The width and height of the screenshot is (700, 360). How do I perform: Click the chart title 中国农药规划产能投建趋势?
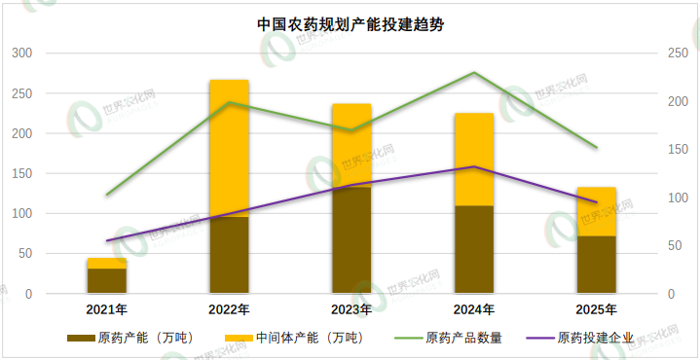pyautogui.click(x=350, y=24)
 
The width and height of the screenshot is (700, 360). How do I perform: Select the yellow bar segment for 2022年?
pyautogui.click(x=229, y=148)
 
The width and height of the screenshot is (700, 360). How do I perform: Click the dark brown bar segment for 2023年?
pyautogui.click(x=351, y=239)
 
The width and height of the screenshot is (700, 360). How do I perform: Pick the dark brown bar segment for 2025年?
pyautogui.click(x=597, y=264)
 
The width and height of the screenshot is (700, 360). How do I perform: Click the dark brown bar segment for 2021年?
pyautogui.click(x=106, y=280)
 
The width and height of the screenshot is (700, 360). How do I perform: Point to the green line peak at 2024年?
pyautogui.click(x=474, y=73)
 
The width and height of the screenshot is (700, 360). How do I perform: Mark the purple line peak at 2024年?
pyautogui.click(x=474, y=166)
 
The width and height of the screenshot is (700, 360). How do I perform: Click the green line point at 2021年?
pyautogui.click(x=106, y=195)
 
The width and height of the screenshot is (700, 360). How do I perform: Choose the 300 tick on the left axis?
pyautogui.click(x=20, y=53)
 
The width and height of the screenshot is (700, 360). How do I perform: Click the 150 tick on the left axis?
pyautogui.click(x=20, y=173)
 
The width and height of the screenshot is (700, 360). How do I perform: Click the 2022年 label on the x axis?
pyautogui.click(x=229, y=310)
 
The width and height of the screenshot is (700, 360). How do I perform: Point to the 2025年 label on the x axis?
pyautogui.click(x=597, y=310)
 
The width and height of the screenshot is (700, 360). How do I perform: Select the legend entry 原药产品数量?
pyautogui.click(x=463, y=339)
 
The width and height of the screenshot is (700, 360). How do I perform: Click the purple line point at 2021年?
pyautogui.click(x=106, y=240)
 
